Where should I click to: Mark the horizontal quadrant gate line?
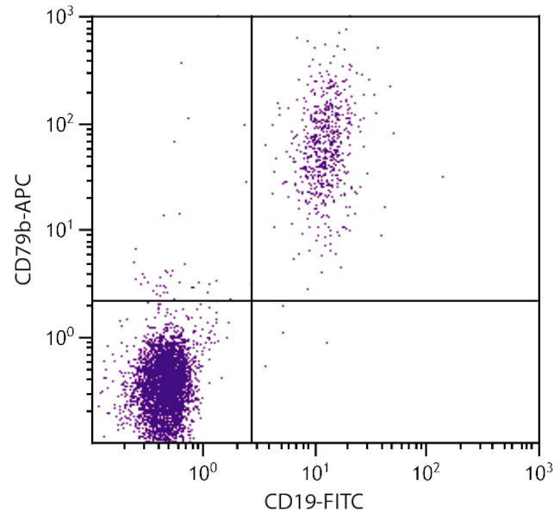[388, 300]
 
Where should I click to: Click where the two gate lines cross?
[252, 300]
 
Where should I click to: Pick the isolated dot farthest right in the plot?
[443, 176]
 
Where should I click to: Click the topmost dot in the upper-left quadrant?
[181, 63]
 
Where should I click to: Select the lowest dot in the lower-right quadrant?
[265, 366]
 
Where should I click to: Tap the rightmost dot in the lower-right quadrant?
[327, 342]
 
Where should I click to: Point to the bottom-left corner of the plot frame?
[92, 443]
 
